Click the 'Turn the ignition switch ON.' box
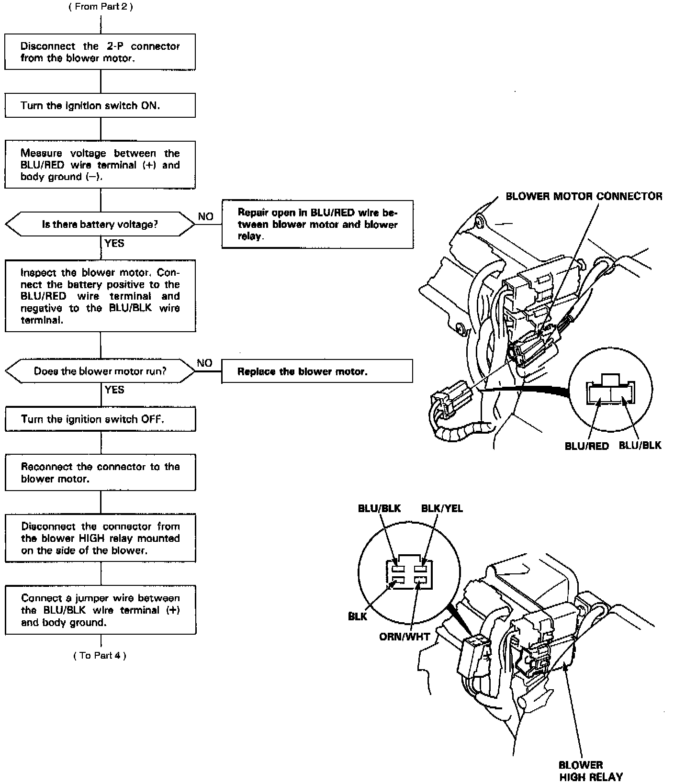[x=100, y=105]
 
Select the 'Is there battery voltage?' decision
[x=100, y=224]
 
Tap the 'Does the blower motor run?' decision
[x=100, y=371]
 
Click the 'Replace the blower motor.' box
[x=317, y=371]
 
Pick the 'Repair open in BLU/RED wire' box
[x=317, y=224]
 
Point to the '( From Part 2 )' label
[x=101, y=7]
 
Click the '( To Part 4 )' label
[x=100, y=655]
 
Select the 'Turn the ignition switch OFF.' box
[x=100, y=419]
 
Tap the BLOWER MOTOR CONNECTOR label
[x=584, y=196]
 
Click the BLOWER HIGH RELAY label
[x=591, y=771]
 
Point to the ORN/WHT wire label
[x=404, y=637]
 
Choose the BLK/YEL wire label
[x=442, y=508]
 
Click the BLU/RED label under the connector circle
[x=587, y=446]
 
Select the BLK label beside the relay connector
[x=358, y=616]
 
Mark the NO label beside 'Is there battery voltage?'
[x=206, y=217]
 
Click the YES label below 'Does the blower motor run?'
[x=114, y=390]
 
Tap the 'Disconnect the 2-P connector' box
[x=100, y=52]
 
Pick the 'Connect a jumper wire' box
[x=100, y=610]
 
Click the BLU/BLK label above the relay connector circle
[x=379, y=508]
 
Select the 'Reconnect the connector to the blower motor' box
[x=100, y=472]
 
